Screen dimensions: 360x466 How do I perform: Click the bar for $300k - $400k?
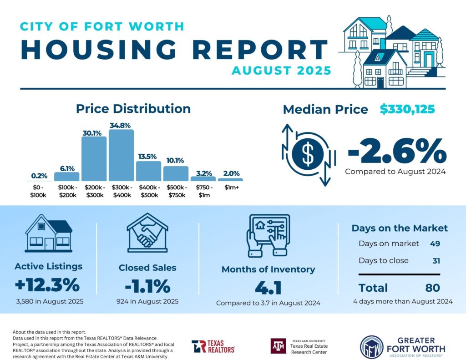click(x=122, y=155)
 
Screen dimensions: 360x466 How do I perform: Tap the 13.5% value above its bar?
click(x=148, y=156)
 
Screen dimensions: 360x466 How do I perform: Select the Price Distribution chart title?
click(x=133, y=109)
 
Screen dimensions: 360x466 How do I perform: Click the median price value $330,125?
click(x=407, y=109)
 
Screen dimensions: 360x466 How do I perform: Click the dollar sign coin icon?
click(x=308, y=154)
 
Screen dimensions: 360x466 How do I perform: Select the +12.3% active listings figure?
click(x=47, y=286)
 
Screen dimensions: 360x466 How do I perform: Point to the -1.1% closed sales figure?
click(x=147, y=287)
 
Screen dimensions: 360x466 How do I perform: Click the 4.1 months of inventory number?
click(x=268, y=288)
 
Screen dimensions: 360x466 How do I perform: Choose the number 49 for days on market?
click(x=435, y=243)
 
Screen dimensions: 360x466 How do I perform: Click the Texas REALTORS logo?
click(x=213, y=346)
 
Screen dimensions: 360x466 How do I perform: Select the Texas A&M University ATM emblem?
click(x=279, y=346)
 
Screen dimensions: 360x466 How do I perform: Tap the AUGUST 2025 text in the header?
click(x=281, y=71)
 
